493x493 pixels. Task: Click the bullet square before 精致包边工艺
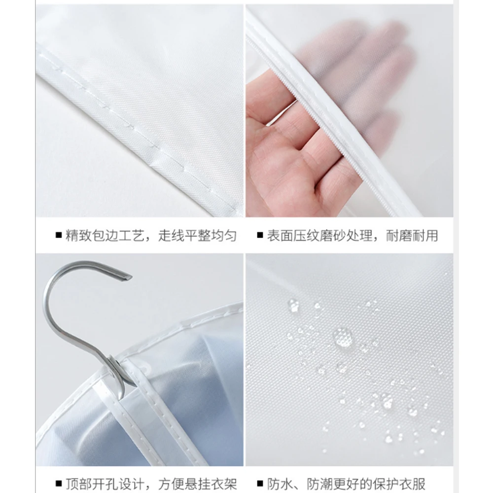tap(58, 236)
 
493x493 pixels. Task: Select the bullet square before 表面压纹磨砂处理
tap(260, 236)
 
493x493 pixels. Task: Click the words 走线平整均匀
tap(197, 236)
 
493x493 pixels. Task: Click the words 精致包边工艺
tap(105, 236)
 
